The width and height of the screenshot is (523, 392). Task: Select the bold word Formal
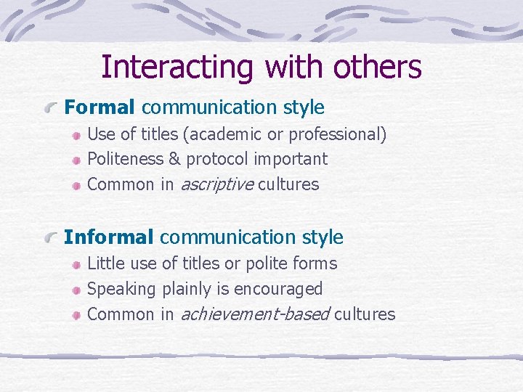click(x=100, y=107)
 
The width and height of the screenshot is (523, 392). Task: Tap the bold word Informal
click(x=109, y=237)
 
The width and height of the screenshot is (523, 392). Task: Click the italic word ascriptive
click(x=216, y=184)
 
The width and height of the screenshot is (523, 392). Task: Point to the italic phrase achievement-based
click(x=255, y=314)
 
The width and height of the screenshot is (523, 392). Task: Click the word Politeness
click(x=125, y=159)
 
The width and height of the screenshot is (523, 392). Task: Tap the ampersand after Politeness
click(x=174, y=159)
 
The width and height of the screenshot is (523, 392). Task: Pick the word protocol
click(x=217, y=159)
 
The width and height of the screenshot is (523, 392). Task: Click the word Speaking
click(x=121, y=289)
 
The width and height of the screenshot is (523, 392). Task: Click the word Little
click(x=104, y=263)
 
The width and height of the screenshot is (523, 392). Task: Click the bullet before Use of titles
click(x=76, y=135)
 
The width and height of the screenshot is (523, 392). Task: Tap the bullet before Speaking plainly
click(x=76, y=290)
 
